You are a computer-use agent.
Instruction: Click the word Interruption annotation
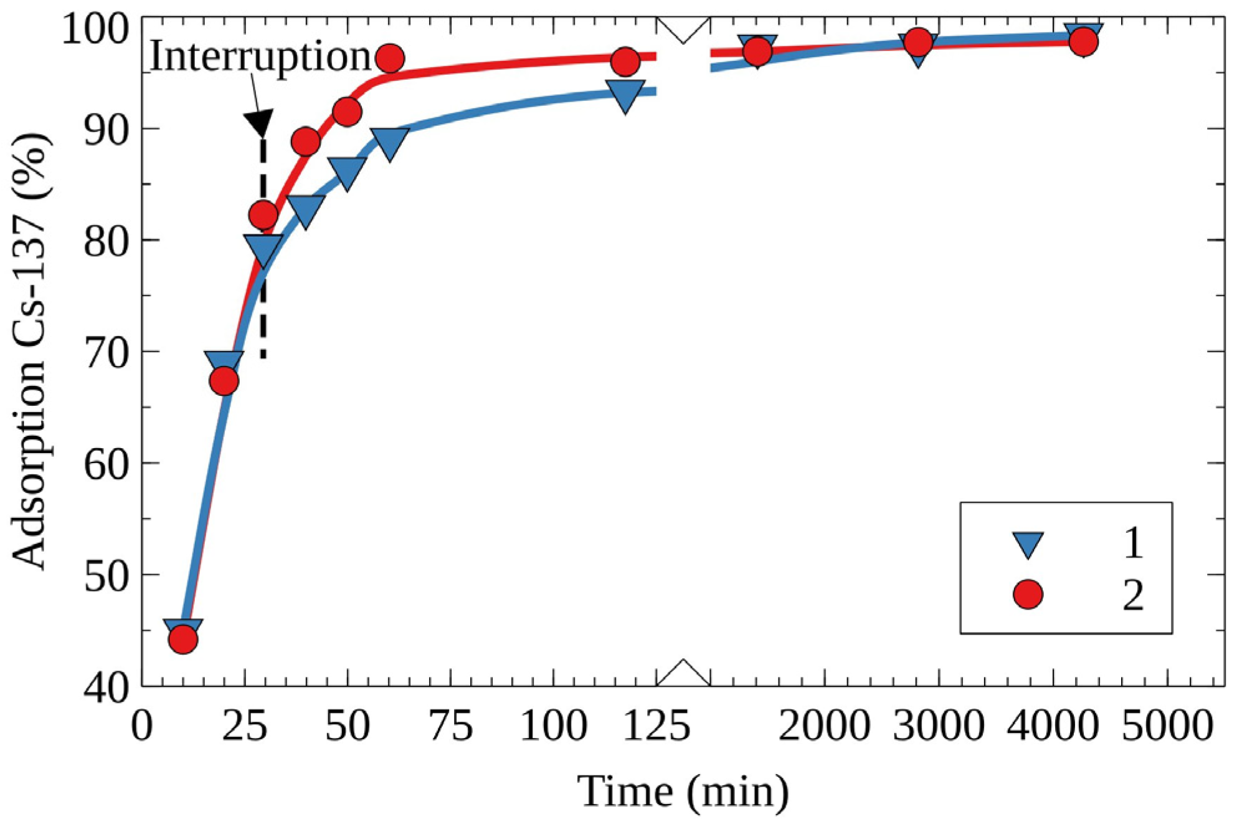point(260,56)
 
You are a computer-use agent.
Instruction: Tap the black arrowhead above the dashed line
point(258,123)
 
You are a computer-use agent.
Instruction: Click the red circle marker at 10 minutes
point(183,639)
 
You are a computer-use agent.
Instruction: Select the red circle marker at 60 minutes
point(390,59)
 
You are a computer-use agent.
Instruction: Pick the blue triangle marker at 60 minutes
point(390,143)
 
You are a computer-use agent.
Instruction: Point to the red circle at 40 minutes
point(305,142)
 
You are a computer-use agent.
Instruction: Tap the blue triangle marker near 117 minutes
point(625,95)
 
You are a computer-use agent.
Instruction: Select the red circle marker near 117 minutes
point(625,61)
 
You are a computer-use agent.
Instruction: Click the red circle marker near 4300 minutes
point(1083,42)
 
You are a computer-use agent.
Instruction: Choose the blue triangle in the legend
point(1028,543)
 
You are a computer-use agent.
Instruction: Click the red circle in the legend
point(1028,594)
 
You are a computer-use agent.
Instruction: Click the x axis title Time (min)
point(683,792)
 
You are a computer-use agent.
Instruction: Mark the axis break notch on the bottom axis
point(683,673)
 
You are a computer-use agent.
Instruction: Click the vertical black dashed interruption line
point(263,299)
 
